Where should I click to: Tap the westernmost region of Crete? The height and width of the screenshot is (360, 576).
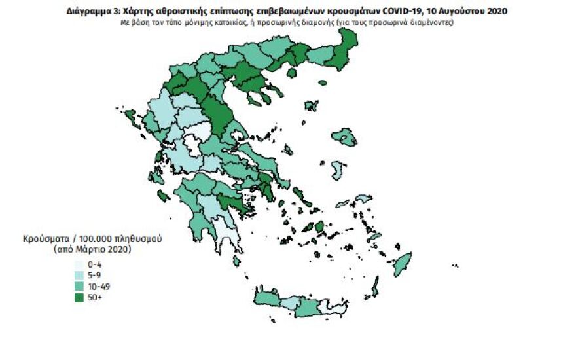click(x=266, y=299)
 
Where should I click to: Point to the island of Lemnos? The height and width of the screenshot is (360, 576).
click(x=311, y=105)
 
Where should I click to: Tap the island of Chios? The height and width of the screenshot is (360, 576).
click(x=337, y=170)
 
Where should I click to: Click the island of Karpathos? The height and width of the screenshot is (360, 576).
click(x=376, y=286)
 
